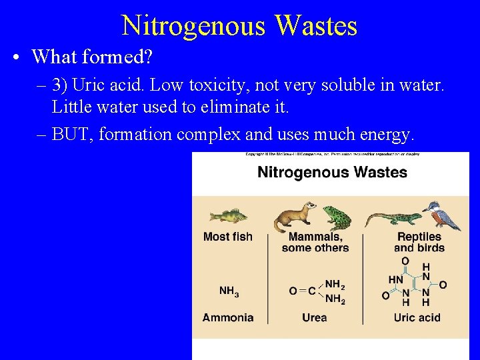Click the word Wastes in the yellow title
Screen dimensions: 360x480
click(315, 26)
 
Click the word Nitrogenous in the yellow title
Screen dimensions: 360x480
click(193, 26)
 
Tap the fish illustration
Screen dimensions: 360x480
click(227, 215)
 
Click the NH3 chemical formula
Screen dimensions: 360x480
click(229, 291)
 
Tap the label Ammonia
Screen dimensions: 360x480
click(228, 317)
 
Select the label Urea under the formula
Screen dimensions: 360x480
click(315, 317)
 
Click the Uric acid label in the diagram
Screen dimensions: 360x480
click(417, 317)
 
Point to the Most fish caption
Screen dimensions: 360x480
click(227, 237)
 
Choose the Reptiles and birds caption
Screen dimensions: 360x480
click(419, 242)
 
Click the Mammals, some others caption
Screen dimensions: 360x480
click(315, 242)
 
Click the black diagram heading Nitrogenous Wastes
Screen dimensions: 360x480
click(332, 173)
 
